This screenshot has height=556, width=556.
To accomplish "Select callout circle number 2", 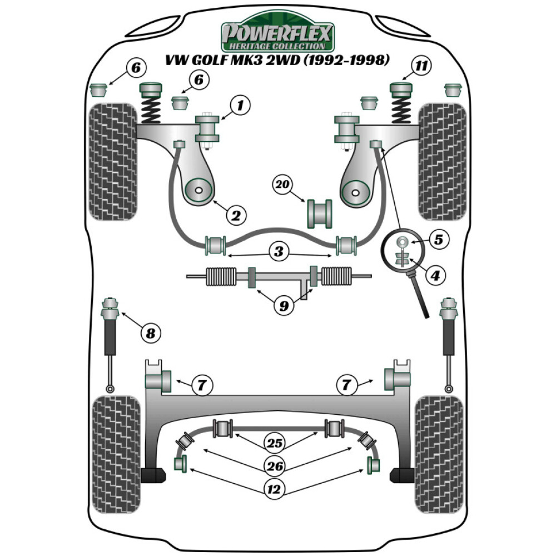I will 236,215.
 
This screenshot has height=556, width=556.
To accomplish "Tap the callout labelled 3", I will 278,251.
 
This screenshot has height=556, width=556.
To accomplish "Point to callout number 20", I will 282,184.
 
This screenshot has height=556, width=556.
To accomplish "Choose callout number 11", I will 422,67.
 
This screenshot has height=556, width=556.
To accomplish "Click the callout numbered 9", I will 284,306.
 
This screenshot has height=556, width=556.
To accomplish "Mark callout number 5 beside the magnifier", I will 438,240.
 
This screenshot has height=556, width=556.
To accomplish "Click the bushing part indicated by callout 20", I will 319,214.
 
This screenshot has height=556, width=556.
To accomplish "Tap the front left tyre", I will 113,161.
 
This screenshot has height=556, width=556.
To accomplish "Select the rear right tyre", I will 439,448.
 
